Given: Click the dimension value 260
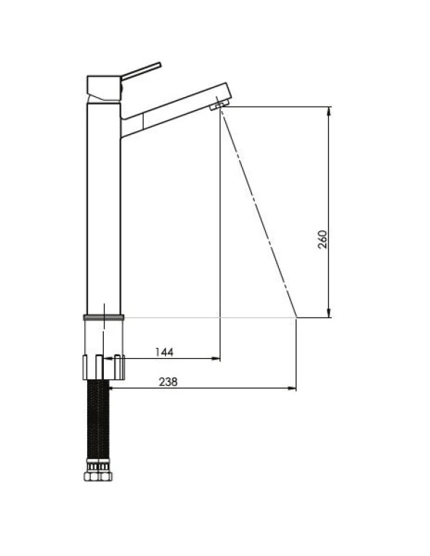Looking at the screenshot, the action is pos(322,240).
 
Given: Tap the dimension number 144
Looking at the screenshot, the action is pos(164,352).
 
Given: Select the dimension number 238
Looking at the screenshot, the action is pos(168,382).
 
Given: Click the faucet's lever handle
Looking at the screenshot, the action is pos(141,70).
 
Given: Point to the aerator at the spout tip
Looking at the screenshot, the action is pos(219,104).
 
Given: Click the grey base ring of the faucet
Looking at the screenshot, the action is pos(104,318).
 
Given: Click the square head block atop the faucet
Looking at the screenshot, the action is pos(104,88).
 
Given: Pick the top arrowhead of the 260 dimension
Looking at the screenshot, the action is pos(329,111).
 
